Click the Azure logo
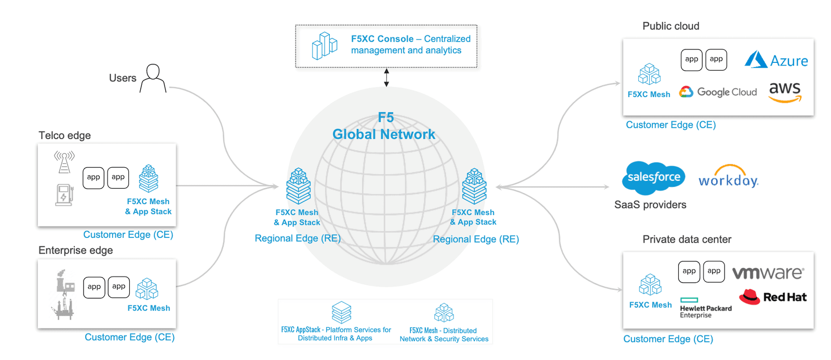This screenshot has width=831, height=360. click(776, 60)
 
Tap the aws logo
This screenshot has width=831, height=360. click(785, 92)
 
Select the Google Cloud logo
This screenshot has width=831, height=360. click(718, 92)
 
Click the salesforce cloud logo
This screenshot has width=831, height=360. click(653, 177)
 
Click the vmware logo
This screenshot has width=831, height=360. click(768, 273)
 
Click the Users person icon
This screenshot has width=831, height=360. click(153, 78)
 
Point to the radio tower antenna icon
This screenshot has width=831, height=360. click(64, 162)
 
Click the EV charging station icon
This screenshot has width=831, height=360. click(64, 195)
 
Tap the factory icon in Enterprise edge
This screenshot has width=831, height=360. click(65, 281)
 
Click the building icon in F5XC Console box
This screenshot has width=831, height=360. click(325, 46)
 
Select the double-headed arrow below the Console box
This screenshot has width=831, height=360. click(386, 77)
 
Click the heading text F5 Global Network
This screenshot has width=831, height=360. click(384, 126)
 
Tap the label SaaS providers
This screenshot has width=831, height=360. click(650, 205)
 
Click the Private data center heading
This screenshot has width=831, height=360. click(687, 239)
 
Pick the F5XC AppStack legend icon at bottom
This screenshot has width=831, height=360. click(341, 312)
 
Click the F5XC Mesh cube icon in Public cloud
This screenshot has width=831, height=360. click(649, 75)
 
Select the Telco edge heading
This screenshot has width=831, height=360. click(64, 136)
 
